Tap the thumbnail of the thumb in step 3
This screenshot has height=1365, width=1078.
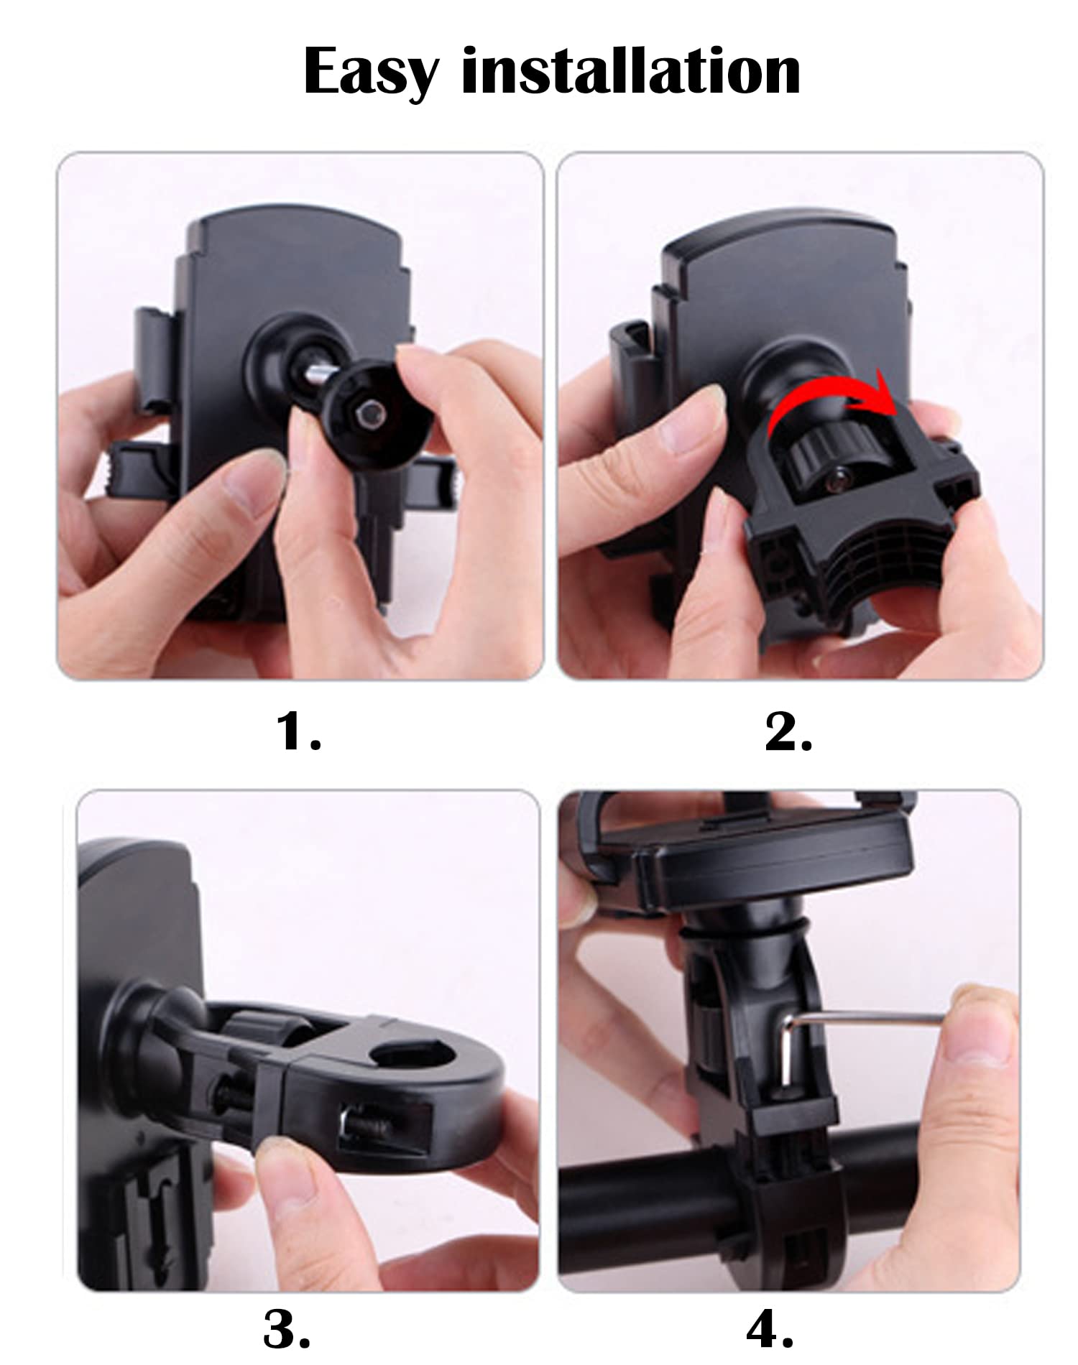tap(284, 1167)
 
